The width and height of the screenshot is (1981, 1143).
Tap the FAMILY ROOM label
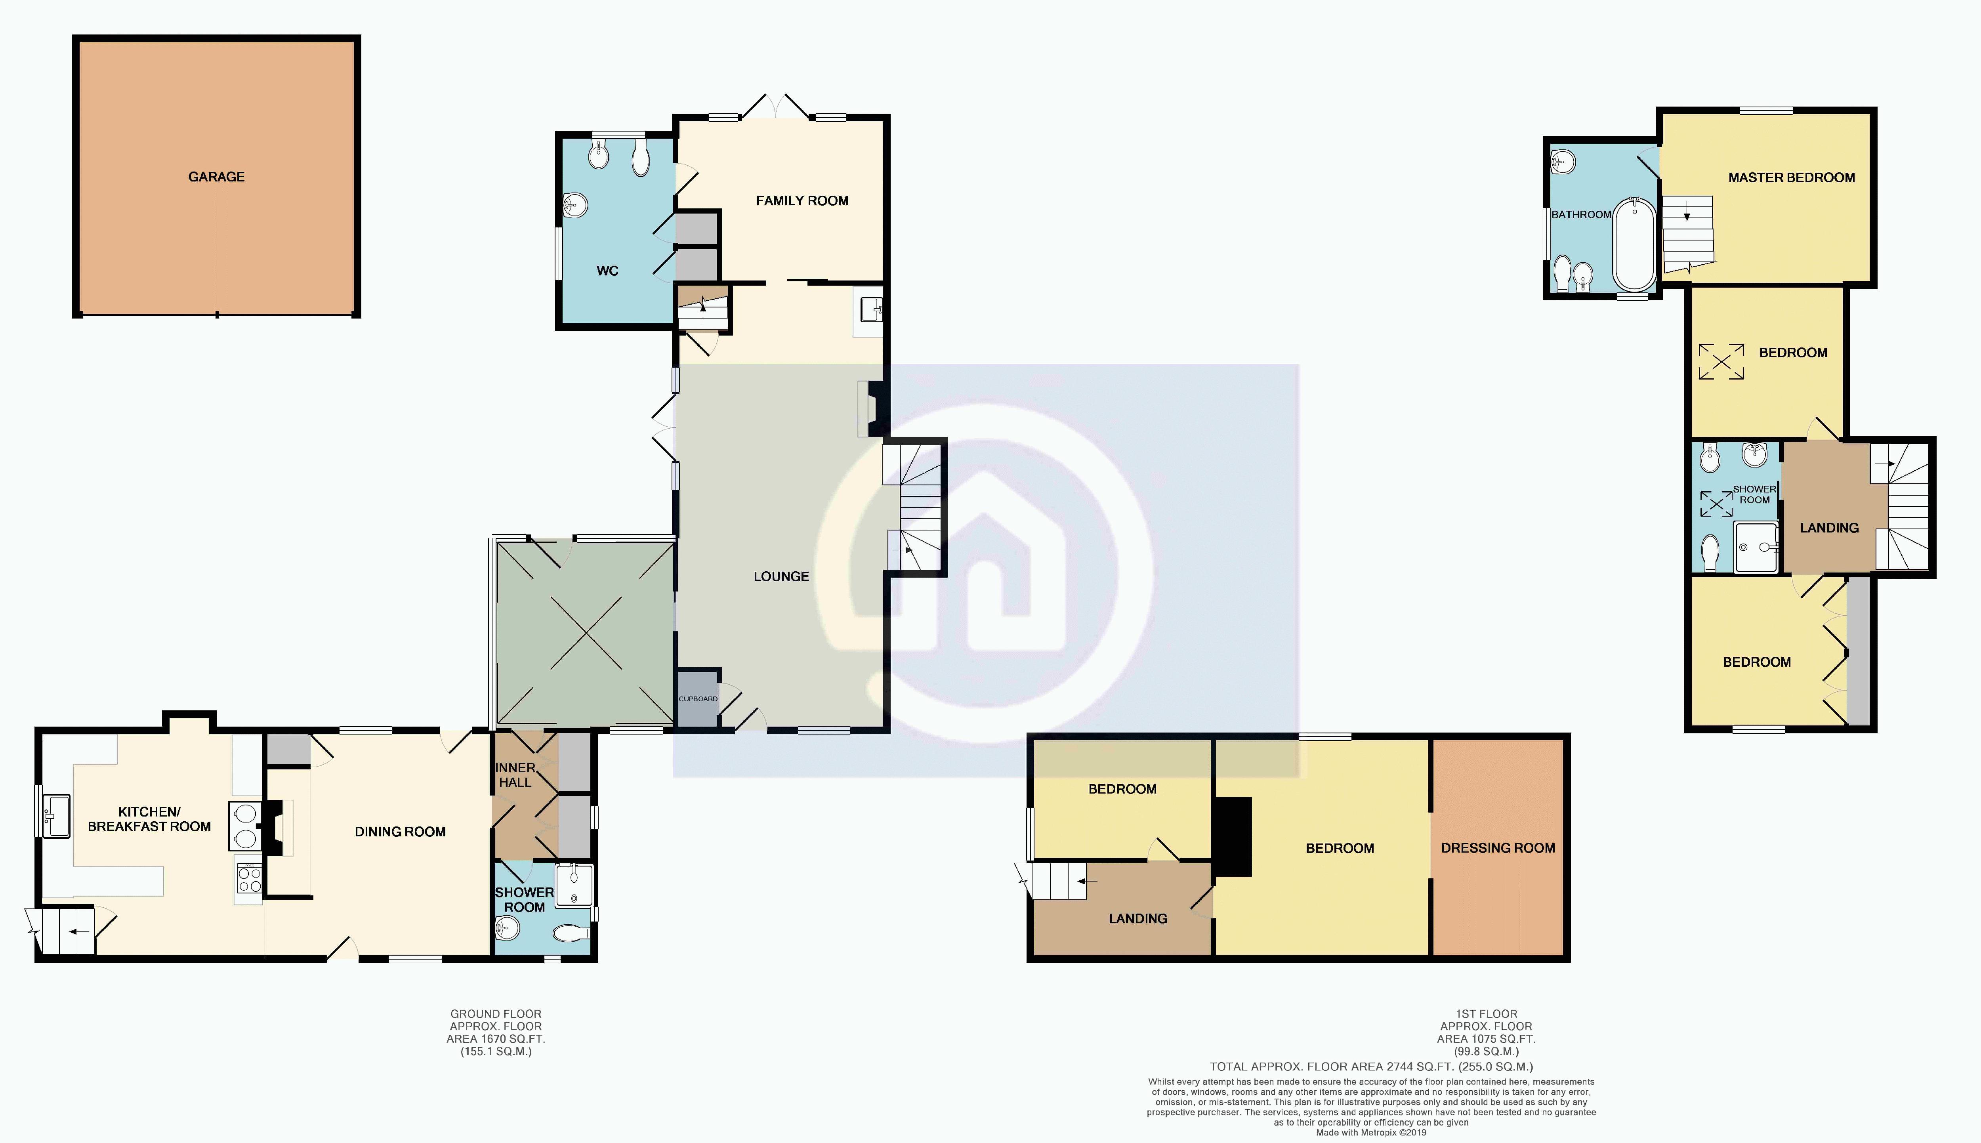tap(802, 201)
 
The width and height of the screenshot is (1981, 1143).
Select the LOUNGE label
tap(781, 576)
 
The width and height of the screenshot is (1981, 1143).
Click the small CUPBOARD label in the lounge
tap(698, 698)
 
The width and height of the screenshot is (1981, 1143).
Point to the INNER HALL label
tap(516, 775)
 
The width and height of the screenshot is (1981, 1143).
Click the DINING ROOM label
tap(400, 831)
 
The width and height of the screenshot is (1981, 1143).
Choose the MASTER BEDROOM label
tap(1792, 177)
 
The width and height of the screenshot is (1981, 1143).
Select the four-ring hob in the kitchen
tap(250, 878)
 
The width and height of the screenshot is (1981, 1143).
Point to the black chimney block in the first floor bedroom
tap(1232, 836)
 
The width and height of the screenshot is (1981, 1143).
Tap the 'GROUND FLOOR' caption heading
tap(495, 1013)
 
